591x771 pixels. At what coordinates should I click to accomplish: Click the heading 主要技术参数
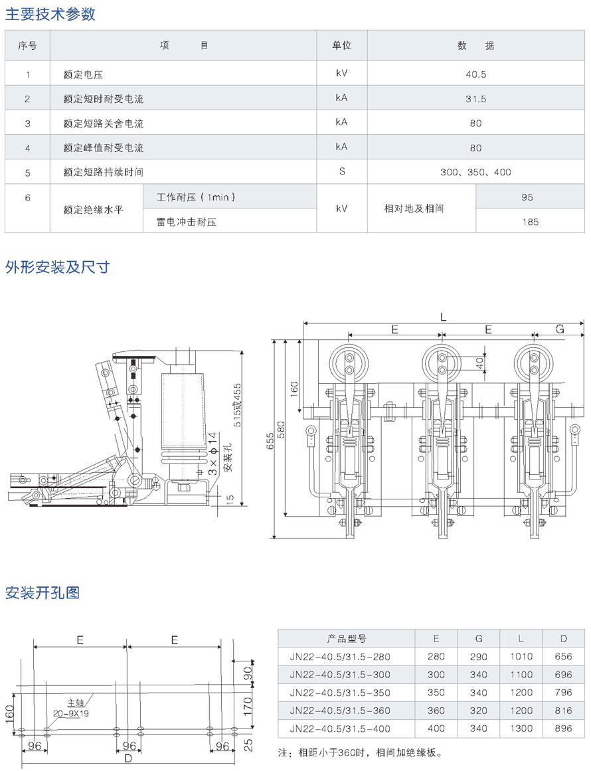(x=50, y=14)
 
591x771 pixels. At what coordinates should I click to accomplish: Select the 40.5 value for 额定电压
(x=475, y=74)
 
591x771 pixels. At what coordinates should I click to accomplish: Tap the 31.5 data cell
(x=475, y=99)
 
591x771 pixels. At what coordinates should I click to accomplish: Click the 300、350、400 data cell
(x=475, y=172)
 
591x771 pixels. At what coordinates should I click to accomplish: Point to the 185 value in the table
(x=530, y=222)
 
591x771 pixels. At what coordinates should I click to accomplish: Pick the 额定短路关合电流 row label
(x=104, y=124)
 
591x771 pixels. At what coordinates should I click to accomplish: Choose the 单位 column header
(x=342, y=46)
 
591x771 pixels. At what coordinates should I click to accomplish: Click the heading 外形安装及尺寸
(x=58, y=267)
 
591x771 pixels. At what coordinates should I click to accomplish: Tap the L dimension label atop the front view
(x=443, y=317)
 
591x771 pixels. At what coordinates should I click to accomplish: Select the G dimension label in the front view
(x=560, y=329)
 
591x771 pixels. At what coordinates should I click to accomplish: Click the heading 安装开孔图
(x=42, y=592)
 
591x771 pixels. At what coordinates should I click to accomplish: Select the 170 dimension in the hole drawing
(x=248, y=703)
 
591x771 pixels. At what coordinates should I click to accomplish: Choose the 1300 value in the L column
(x=521, y=728)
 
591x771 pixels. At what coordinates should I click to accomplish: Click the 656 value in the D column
(x=563, y=657)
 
